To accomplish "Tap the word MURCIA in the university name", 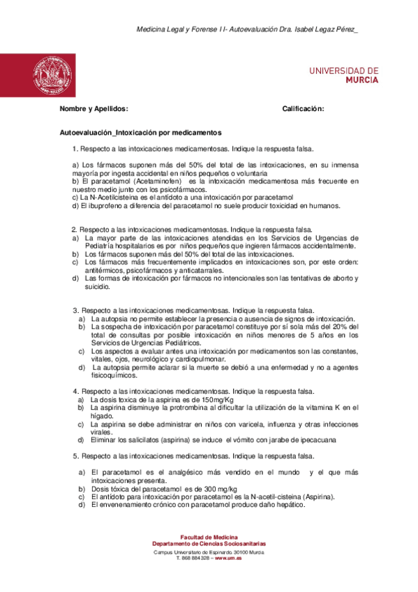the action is point(361,80).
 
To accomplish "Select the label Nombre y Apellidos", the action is point(94,109).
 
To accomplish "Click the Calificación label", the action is point(303,109).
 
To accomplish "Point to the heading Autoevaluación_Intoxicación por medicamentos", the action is point(131,131).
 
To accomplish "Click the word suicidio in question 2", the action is point(98,286).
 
